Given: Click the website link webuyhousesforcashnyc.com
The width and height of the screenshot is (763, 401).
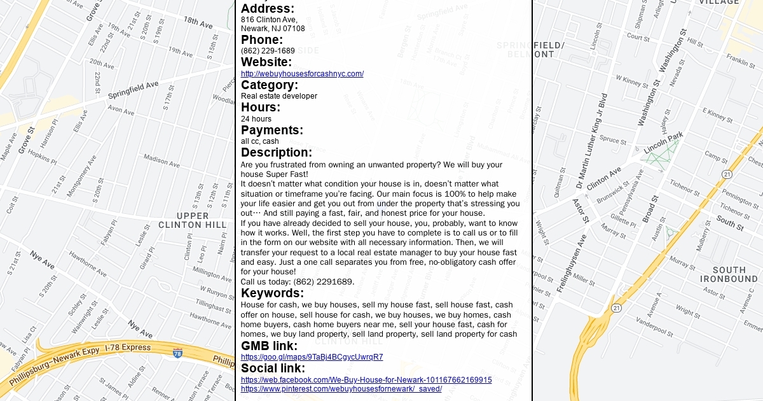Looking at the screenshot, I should pyautogui.click(x=302, y=74).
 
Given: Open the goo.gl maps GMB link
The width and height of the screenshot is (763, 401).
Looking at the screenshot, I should pyautogui.click(x=312, y=357).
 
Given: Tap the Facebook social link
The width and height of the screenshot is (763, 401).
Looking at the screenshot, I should pyautogui.click(x=366, y=380).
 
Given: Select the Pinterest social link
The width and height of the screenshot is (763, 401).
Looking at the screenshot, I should pyautogui.click(x=341, y=389).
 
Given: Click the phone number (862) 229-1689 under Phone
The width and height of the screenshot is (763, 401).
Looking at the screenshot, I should pyautogui.click(x=268, y=51).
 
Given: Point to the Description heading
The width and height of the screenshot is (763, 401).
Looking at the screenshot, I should pyautogui.click(x=276, y=153).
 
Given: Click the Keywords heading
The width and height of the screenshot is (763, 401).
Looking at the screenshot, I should pyautogui.click(x=272, y=293).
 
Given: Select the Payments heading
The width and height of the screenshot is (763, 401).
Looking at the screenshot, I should pyautogui.click(x=272, y=130).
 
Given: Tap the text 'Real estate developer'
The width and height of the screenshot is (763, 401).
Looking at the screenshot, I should pyautogui.click(x=278, y=96).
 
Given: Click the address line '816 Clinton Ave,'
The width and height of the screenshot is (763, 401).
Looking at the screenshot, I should pyautogui.click(x=269, y=20).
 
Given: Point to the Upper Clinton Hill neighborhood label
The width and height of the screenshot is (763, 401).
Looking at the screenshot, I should pyautogui.click(x=192, y=220).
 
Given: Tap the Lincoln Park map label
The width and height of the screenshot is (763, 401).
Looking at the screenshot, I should pyautogui.click(x=663, y=143).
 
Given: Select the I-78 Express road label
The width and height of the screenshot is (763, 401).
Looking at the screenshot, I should pyautogui.click(x=128, y=348).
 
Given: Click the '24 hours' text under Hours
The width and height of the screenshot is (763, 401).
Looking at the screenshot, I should pyautogui.click(x=256, y=119).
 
